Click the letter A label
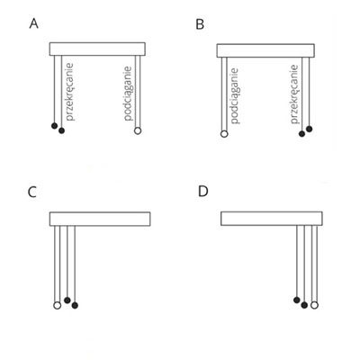[34, 23]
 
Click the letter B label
[200, 24]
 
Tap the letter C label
[32, 193]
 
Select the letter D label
[203, 191]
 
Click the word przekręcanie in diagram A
[69, 92]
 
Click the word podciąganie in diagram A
[128, 94]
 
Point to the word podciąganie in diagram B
[234, 96]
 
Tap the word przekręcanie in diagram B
[295, 94]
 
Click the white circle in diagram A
[138, 130]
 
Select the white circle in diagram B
[224, 134]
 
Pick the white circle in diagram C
[57, 305]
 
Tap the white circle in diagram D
[314, 305]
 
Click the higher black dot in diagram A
[54, 126]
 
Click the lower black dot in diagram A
[61, 130]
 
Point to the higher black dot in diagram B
[310, 129]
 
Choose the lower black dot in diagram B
[302, 134]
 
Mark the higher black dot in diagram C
[67, 300]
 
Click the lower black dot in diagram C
[75, 305]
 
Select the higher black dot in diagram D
[297, 300]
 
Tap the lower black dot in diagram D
[304, 305]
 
